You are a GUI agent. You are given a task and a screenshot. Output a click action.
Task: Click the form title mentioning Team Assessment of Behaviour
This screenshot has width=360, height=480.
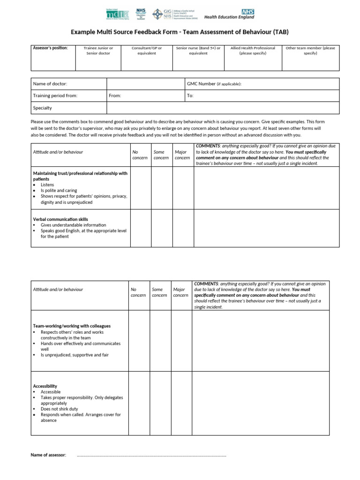pyautogui.click(x=180, y=32)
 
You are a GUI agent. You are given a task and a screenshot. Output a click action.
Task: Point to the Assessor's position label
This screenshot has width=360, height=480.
pyautogui.click(x=50, y=48)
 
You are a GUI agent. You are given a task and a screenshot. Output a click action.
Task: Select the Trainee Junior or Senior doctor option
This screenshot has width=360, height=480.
pyautogui.click(x=98, y=51)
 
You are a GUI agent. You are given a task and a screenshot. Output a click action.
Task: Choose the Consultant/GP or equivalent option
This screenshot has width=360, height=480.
pyautogui.click(x=147, y=51)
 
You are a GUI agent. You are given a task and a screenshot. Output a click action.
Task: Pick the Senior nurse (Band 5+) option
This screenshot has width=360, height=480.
pyautogui.click(x=198, y=51)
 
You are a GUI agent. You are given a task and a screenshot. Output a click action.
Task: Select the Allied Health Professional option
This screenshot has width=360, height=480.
pyautogui.click(x=253, y=51)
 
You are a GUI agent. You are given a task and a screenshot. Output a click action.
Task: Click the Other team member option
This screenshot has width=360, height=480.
pyautogui.click(x=310, y=51)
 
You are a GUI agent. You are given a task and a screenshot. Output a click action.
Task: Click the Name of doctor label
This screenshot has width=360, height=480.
pyautogui.click(x=50, y=84)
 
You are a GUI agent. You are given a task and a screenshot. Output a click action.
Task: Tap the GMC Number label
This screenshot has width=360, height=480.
pyautogui.click(x=214, y=84)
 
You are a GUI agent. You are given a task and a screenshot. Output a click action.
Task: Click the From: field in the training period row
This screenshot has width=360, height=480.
pyautogui.click(x=115, y=96)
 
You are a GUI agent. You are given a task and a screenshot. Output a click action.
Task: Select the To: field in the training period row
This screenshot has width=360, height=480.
pyautogui.click(x=190, y=96)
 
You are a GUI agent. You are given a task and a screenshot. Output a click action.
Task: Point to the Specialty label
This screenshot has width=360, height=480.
pyautogui.click(x=43, y=108)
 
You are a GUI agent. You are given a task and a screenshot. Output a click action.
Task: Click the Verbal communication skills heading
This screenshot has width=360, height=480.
pyautogui.click(x=60, y=219)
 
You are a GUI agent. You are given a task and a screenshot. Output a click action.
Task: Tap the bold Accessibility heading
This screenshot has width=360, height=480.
pyautogui.click(x=45, y=386)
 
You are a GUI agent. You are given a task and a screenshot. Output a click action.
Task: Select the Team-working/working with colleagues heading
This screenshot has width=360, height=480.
pyautogui.click(x=72, y=326)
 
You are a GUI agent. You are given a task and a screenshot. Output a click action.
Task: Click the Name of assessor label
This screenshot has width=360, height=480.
pyautogui.click(x=48, y=455)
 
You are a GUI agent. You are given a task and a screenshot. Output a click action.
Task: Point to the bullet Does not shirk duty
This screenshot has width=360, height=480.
pyautogui.click(x=60, y=409)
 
